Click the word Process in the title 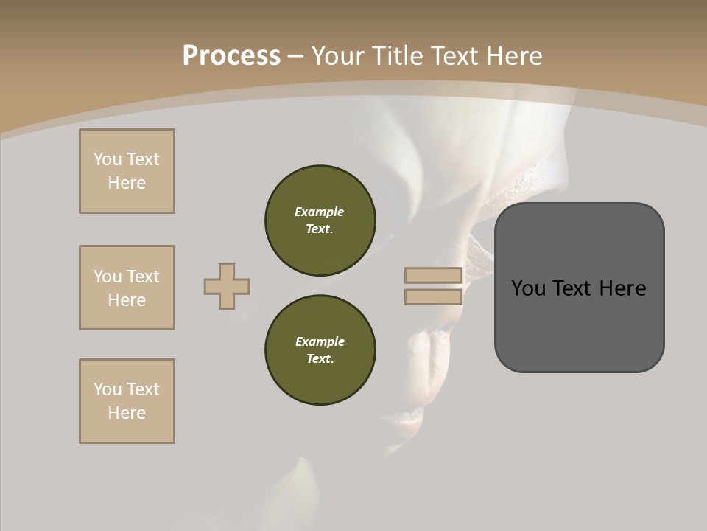pyautogui.click(x=231, y=56)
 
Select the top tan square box pyautogui.click(x=127, y=171)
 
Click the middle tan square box pyautogui.click(x=127, y=288)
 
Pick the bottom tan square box pyautogui.click(x=127, y=401)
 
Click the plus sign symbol pyautogui.click(x=227, y=287)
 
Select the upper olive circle pyautogui.click(x=320, y=220)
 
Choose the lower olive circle pyautogui.click(x=320, y=350)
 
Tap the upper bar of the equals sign pyautogui.click(x=434, y=276)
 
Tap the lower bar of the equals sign pyautogui.click(x=434, y=297)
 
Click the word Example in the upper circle pyautogui.click(x=320, y=212)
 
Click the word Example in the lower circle pyautogui.click(x=320, y=341)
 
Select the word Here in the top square pyautogui.click(x=127, y=183)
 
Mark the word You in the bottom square pyautogui.click(x=108, y=389)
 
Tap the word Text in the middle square pyautogui.click(x=143, y=277)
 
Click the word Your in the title pyautogui.click(x=338, y=56)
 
